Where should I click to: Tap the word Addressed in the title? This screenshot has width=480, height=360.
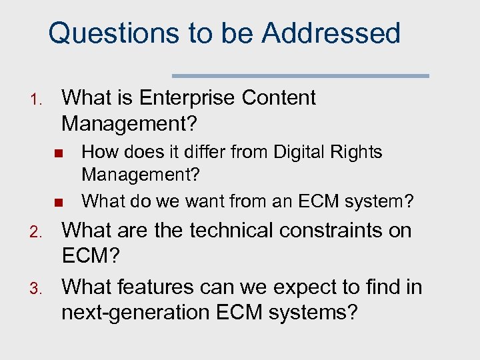(x=331, y=33)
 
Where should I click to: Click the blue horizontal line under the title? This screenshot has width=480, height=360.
(x=301, y=75)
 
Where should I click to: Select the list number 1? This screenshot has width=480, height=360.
(x=37, y=101)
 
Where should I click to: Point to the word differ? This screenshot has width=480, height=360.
(x=200, y=152)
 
